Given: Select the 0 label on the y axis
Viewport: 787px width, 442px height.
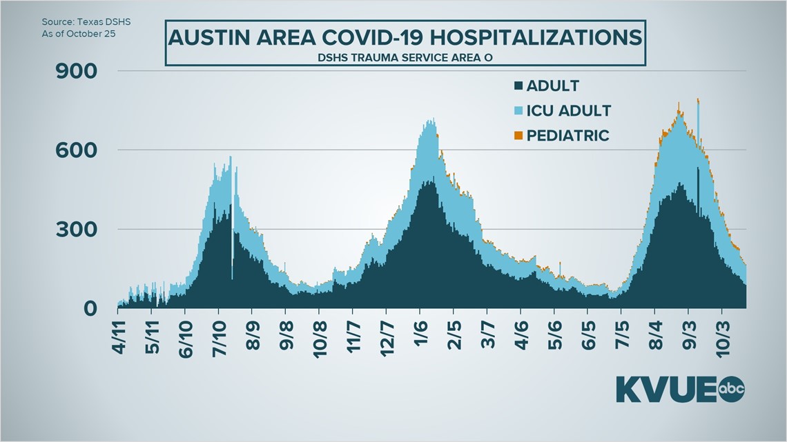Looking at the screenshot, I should pyautogui.click(x=90, y=308).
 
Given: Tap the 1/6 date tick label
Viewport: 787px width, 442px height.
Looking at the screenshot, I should pyautogui.click(x=422, y=336).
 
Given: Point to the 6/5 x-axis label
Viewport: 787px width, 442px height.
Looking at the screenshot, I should pyautogui.click(x=589, y=336).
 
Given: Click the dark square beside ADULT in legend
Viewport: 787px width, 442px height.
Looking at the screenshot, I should pyautogui.click(x=518, y=87).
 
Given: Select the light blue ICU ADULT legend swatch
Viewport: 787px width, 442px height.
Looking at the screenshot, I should pyautogui.click(x=518, y=111).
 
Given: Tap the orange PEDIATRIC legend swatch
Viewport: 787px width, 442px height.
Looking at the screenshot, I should pyautogui.click(x=518, y=136).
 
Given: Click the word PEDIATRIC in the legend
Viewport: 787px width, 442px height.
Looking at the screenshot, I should pyautogui.click(x=567, y=135).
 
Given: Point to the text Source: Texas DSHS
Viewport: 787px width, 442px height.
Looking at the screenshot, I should pyautogui.click(x=86, y=21).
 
